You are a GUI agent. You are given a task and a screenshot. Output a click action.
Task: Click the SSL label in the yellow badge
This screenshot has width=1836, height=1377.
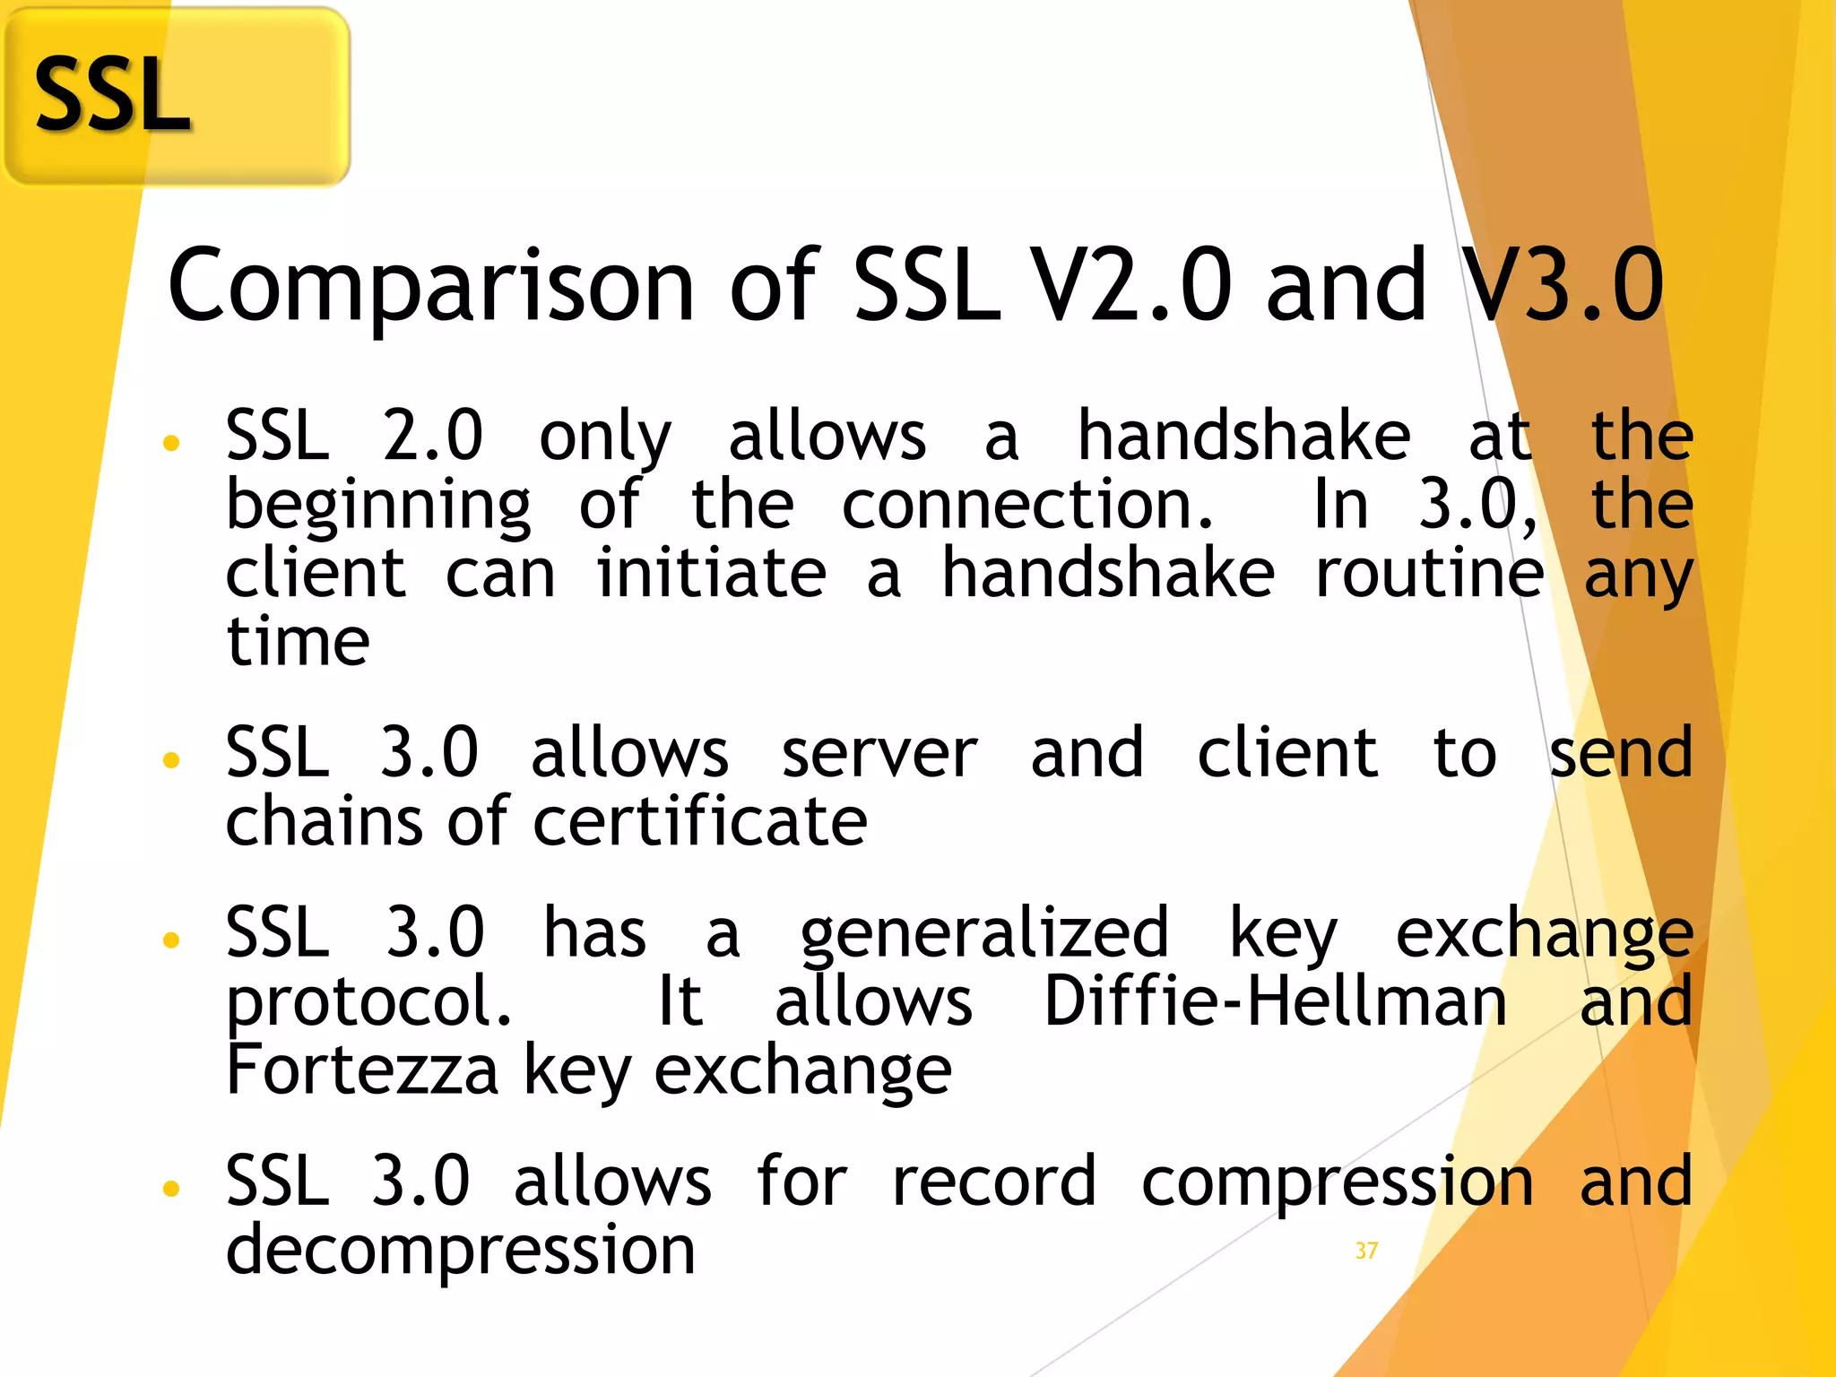(x=112, y=95)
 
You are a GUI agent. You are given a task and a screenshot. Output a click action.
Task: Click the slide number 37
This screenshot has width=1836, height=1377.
(x=1366, y=1251)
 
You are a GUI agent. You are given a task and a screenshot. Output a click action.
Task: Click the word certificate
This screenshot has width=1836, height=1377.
(x=700, y=822)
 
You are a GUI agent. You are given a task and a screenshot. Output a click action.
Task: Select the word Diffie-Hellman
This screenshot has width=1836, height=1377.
(x=1276, y=1001)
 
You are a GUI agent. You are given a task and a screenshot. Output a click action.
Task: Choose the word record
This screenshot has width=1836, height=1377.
(x=993, y=1182)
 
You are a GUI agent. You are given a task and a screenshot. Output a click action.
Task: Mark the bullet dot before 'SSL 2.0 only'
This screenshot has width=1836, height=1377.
(x=171, y=442)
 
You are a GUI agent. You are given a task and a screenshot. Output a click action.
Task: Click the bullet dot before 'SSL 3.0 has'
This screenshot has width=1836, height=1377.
(x=171, y=940)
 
